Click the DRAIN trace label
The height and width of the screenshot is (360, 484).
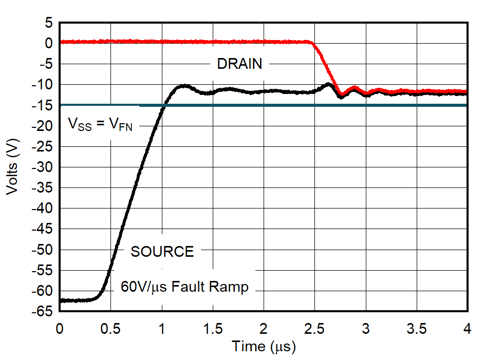click(239, 64)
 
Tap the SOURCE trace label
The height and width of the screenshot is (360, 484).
click(162, 252)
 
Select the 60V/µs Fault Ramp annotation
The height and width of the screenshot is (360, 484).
click(184, 287)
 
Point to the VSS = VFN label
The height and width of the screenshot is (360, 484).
click(100, 124)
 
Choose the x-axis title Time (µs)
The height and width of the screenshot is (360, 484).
click(264, 347)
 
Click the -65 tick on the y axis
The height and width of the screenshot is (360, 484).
click(44, 311)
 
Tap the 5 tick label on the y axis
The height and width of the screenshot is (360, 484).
click(48, 23)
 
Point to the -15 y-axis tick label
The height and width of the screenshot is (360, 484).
click(44, 105)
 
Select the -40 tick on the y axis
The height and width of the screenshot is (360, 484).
click(44, 209)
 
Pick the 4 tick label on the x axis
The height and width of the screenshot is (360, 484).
click(467, 328)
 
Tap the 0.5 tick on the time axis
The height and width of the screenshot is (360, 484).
click(111, 328)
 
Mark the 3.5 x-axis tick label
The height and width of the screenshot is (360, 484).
click(416, 328)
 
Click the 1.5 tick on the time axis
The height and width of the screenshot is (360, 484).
click(213, 328)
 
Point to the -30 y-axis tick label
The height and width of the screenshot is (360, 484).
click(44, 167)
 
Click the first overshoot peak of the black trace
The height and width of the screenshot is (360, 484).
click(183, 86)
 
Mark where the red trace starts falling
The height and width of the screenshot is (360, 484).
click(312, 43)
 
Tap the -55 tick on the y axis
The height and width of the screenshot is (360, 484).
click(44, 270)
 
